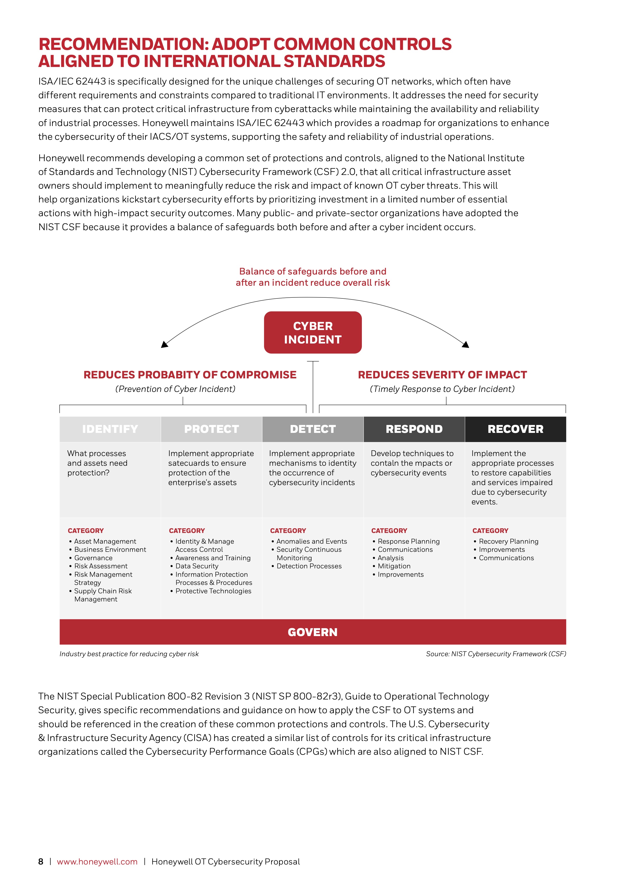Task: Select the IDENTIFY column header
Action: pos(110,429)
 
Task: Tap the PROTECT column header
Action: pos(211,429)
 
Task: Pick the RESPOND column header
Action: pos(414,429)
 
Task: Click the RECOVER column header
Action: pos(515,429)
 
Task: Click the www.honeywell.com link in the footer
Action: pos(97,861)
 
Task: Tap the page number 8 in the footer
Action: pos(41,861)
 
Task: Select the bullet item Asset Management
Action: pos(105,541)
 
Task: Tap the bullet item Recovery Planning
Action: pos(509,541)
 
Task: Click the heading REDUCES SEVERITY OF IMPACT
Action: pos(442,375)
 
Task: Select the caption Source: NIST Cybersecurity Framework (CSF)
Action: pos(496,654)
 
